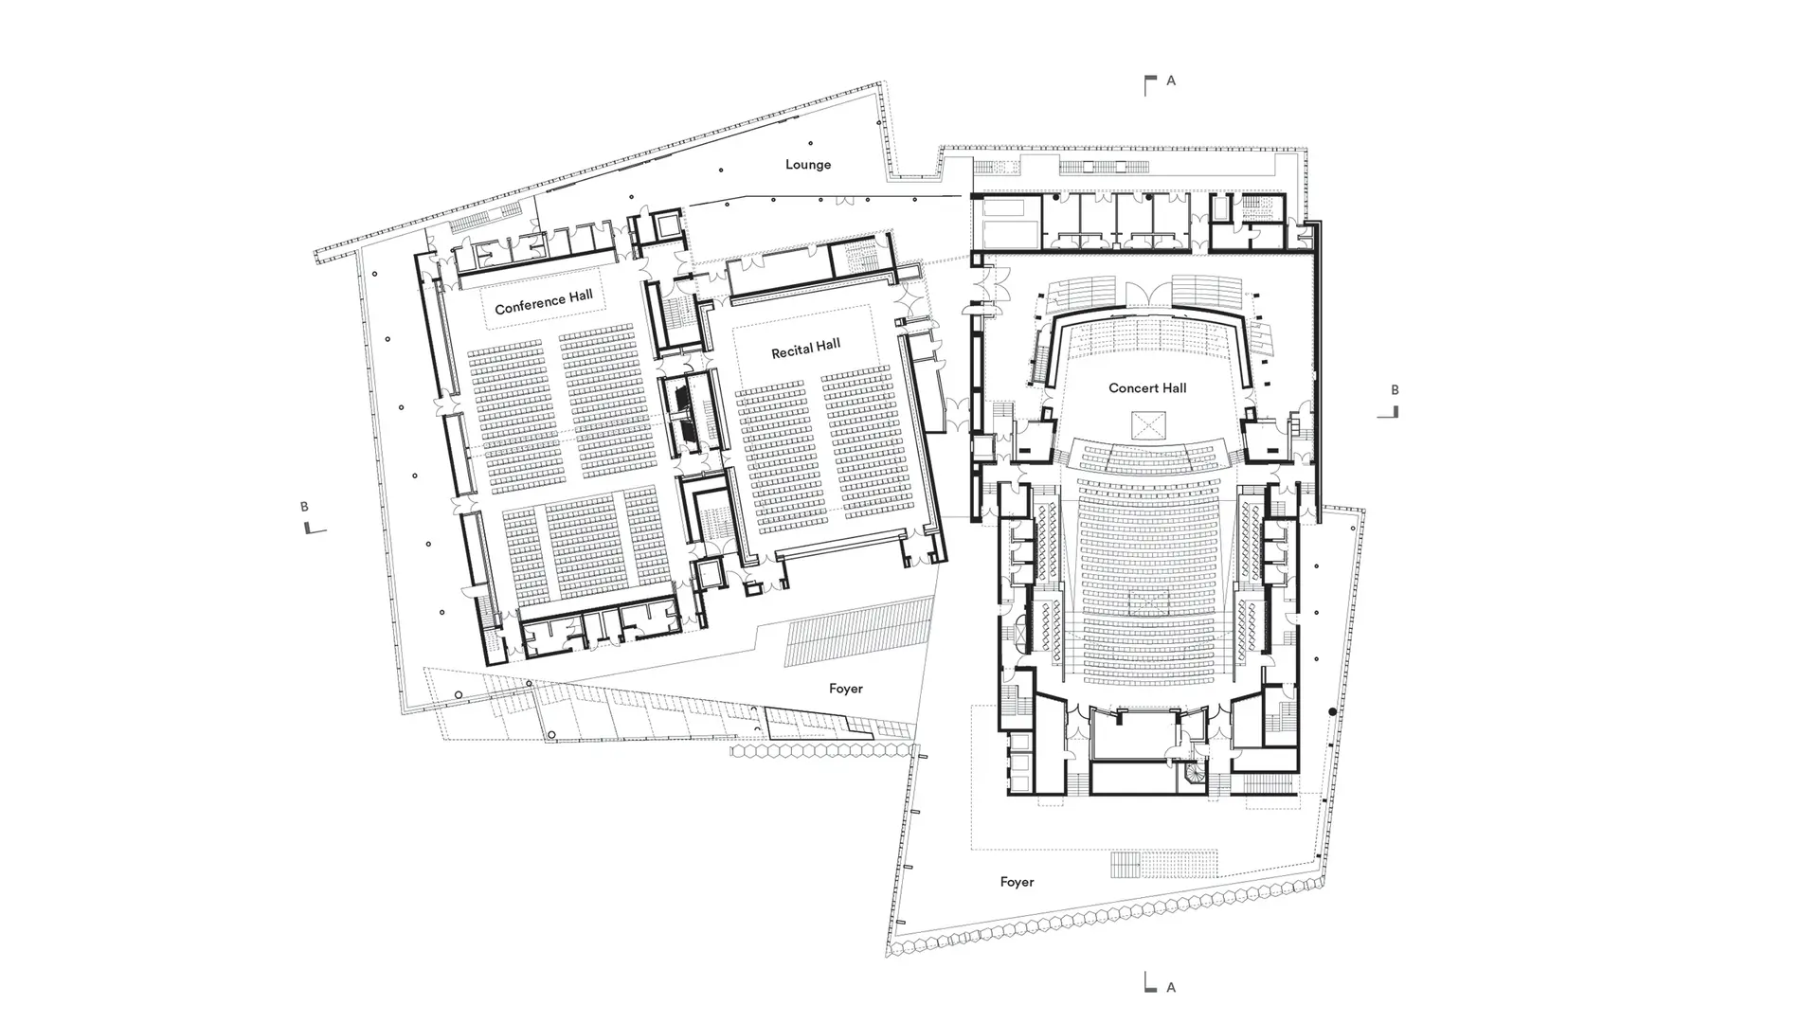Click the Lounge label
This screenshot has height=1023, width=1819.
click(808, 165)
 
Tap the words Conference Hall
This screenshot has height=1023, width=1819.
click(544, 302)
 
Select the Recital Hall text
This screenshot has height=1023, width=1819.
click(805, 349)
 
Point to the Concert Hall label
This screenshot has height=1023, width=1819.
click(1147, 387)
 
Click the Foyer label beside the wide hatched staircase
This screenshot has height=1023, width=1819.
click(846, 689)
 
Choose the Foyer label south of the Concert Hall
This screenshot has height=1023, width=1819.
click(1017, 882)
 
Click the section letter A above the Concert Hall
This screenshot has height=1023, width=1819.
click(1171, 81)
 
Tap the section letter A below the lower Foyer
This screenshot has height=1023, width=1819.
click(1171, 987)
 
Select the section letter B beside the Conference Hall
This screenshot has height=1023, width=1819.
click(304, 507)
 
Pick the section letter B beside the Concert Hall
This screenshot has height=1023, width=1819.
click(1395, 389)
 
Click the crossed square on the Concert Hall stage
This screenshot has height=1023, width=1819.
click(1148, 425)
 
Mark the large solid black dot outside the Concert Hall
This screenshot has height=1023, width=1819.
click(1333, 711)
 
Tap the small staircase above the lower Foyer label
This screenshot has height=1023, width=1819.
click(1126, 865)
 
